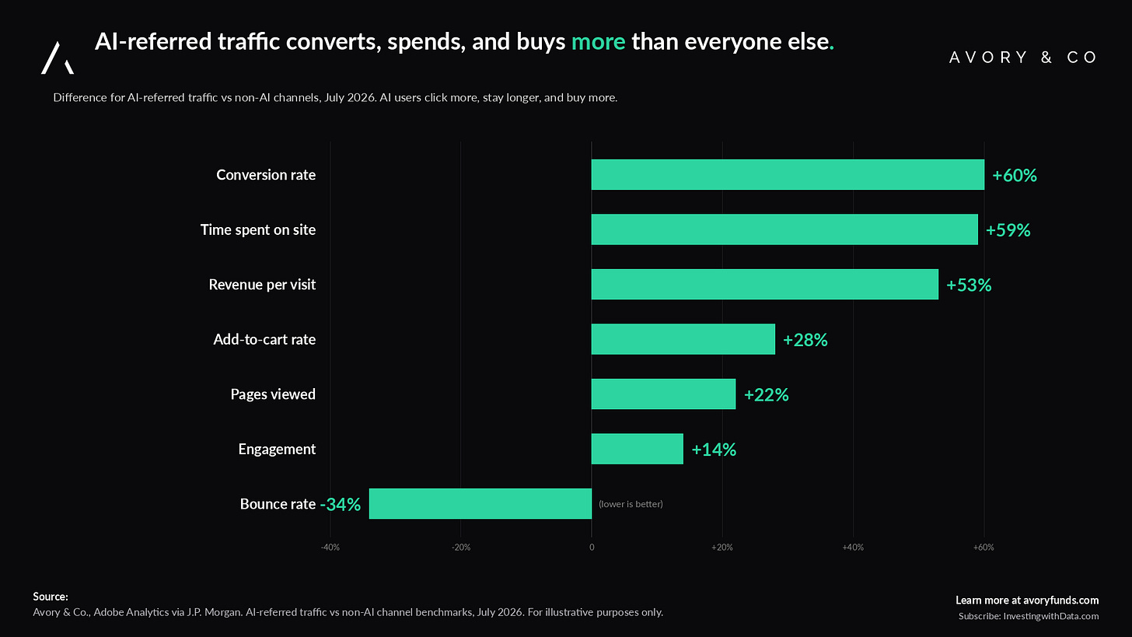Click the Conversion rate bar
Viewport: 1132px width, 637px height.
pyautogui.click(x=788, y=174)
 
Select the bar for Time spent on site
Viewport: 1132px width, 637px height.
pyautogui.click(x=784, y=229)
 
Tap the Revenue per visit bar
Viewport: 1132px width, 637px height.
pyautogui.click(x=764, y=284)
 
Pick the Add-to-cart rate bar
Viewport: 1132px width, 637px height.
pyautogui.click(x=683, y=339)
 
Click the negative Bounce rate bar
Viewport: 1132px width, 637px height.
pyautogui.click(x=480, y=503)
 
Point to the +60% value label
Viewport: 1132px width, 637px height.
pyautogui.click(x=1015, y=176)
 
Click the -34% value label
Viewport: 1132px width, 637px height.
pyautogui.click(x=340, y=504)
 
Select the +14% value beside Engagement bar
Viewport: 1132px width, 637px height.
pyautogui.click(x=714, y=450)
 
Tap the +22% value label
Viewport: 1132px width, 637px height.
pyautogui.click(x=766, y=395)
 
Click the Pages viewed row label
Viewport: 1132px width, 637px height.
pyautogui.click(x=273, y=394)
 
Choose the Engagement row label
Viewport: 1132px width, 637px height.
pyautogui.click(x=277, y=449)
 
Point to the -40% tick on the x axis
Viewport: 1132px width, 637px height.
pyautogui.click(x=330, y=548)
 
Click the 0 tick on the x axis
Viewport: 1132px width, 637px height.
pyautogui.click(x=592, y=548)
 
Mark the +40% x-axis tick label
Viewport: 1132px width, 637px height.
pyautogui.click(x=853, y=548)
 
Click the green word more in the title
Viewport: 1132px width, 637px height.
pyautogui.click(x=599, y=42)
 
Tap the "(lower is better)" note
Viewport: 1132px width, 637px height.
pyautogui.click(x=631, y=504)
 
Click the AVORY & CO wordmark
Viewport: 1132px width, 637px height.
pyautogui.click(x=1023, y=57)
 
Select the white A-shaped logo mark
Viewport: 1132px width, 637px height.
pyautogui.click(x=58, y=58)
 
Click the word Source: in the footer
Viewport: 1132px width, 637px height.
pyautogui.click(x=51, y=597)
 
